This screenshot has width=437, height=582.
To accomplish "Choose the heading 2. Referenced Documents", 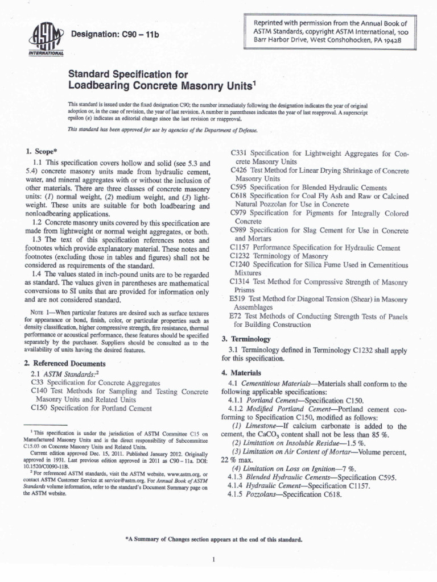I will click(x=65, y=363).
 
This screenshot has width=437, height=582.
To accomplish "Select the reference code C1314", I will click(x=241, y=281).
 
